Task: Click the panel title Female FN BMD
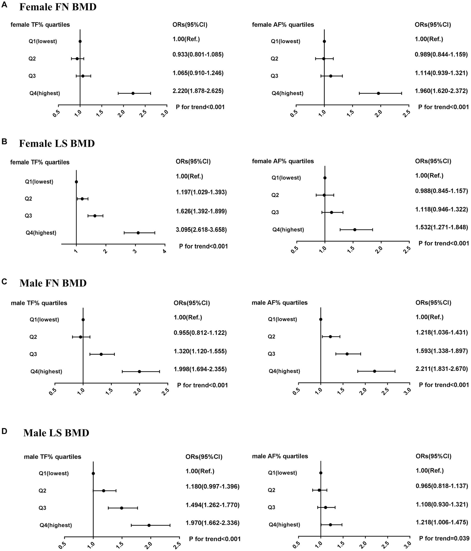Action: (58, 7)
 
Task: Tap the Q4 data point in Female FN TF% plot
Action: (133, 93)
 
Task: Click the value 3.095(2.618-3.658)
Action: (201, 230)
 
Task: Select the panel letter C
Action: (4, 282)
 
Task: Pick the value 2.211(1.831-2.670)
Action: (442, 369)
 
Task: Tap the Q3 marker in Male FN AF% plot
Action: (347, 354)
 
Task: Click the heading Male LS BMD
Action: (56, 433)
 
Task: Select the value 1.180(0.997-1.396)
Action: (212, 486)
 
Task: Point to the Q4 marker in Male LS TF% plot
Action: (149, 525)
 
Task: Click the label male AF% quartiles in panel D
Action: (280, 456)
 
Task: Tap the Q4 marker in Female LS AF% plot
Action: (355, 230)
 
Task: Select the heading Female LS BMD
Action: (57, 143)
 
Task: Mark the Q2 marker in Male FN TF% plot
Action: (81, 337)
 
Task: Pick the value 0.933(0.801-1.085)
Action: (198, 55)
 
